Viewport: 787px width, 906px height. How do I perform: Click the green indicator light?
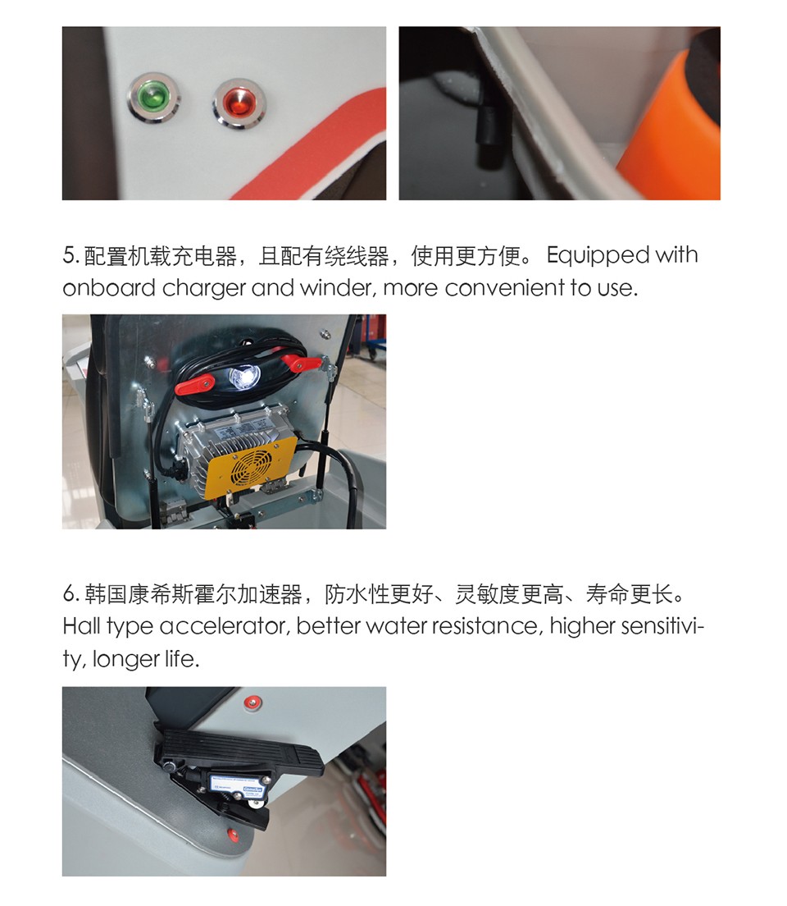click(x=153, y=97)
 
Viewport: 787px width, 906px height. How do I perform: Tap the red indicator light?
click(x=239, y=104)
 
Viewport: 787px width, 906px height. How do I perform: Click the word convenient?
click(x=504, y=288)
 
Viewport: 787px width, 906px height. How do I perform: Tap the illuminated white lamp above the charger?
click(x=243, y=377)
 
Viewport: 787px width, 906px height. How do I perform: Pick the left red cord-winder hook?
click(x=194, y=383)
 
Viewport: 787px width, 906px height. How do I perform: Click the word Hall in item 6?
click(x=81, y=626)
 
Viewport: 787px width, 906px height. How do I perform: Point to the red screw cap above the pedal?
click(x=252, y=702)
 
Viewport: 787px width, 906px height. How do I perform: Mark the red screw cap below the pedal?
click(x=233, y=835)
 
